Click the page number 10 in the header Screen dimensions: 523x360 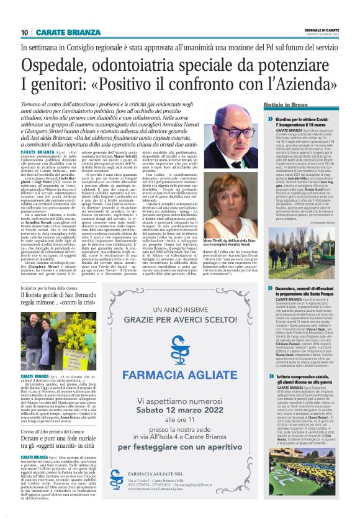pyautogui.click(x=24, y=32)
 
